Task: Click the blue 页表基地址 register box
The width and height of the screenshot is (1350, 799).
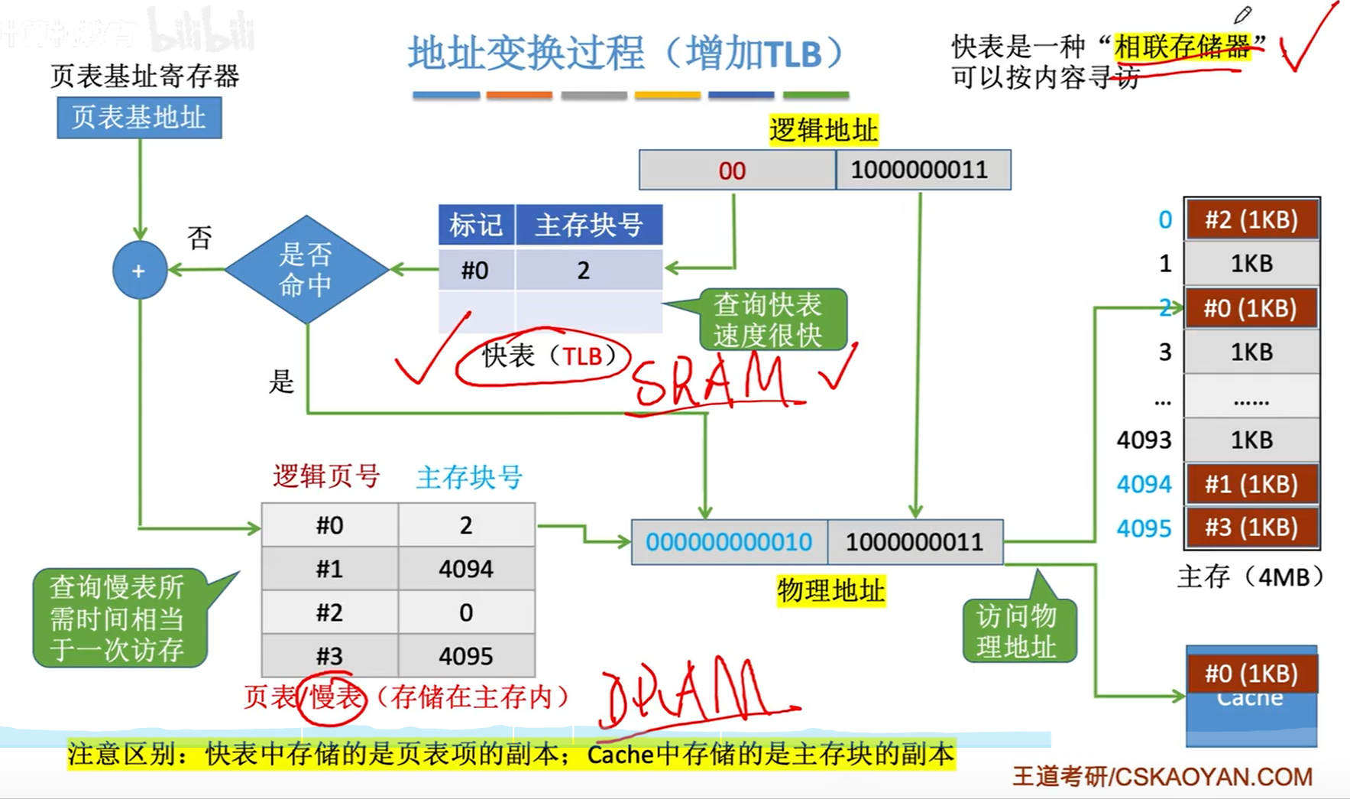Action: tap(139, 117)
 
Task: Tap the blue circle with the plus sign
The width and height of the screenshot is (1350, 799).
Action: tap(139, 270)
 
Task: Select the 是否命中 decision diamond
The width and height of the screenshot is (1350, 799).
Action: tap(306, 269)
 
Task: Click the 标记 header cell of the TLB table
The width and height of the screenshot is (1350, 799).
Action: tap(476, 225)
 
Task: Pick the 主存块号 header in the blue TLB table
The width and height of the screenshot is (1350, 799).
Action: tap(588, 225)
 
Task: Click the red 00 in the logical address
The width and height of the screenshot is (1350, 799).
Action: tap(732, 171)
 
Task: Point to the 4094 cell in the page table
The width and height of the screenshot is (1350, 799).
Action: tap(466, 569)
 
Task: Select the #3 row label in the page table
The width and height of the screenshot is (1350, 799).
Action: tap(329, 656)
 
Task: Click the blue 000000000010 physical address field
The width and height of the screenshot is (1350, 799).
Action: tap(729, 542)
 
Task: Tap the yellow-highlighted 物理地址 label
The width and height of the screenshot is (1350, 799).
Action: tap(830, 590)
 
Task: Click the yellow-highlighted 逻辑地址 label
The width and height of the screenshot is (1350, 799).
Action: tap(823, 130)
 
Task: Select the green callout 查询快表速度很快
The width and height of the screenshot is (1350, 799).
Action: tap(768, 320)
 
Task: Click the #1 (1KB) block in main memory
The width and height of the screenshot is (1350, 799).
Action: tap(1251, 484)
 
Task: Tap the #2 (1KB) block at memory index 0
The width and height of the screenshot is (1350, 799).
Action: tap(1251, 219)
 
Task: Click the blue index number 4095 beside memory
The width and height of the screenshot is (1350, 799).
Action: tap(1143, 528)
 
